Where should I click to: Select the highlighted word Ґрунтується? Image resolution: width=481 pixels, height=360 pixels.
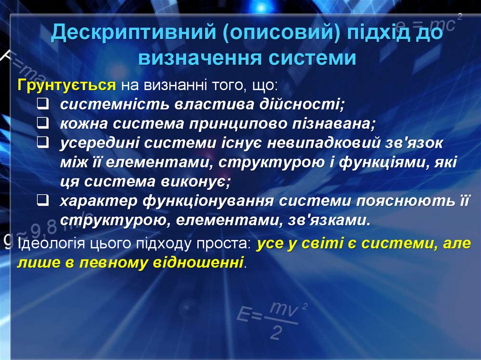point(66,85)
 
